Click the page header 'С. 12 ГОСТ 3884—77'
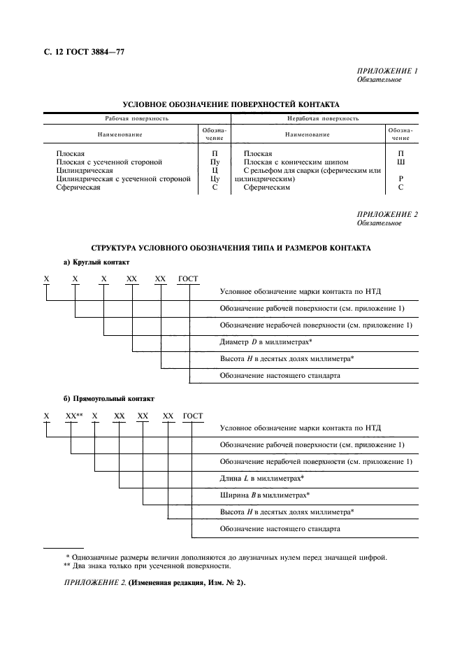[78, 52]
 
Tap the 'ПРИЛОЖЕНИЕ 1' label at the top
[387, 71]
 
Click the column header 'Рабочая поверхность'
[137, 119]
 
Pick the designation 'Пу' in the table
[215, 162]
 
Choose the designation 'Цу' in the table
[215, 179]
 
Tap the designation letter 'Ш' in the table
[400, 162]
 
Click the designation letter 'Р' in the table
[400, 179]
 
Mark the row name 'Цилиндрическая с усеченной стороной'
[124, 179]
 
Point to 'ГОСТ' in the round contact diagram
[188, 279]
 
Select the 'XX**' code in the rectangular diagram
[73, 416]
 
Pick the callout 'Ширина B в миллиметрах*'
[264, 495]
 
